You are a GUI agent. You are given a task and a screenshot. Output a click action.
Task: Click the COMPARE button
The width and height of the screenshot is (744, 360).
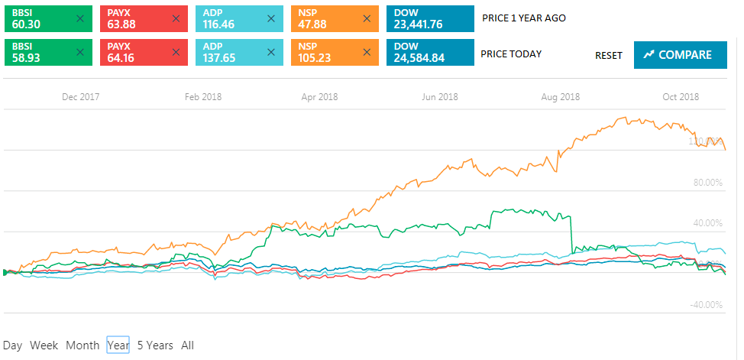pyautogui.click(x=680, y=55)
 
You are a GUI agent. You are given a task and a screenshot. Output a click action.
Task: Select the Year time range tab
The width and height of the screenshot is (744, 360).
pyautogui.click(x=118, y=345)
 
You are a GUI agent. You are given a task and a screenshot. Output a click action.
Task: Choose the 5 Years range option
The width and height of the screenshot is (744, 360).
pyautogui.click(x=155, y=345)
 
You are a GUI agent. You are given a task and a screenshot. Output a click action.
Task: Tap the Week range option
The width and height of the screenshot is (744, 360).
pyautogui.click(x=44, y=345)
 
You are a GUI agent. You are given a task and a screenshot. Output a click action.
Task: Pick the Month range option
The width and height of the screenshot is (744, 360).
pyautogui.click(x=82, y=345)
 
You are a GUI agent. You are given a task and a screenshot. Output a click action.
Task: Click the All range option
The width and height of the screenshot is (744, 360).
pyautogui.click(x=188, y=345)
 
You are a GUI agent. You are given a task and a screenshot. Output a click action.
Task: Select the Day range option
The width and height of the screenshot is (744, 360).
pyautogui.click(x=12, y=345)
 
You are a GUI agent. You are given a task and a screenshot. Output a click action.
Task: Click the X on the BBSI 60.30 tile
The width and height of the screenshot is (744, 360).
pyautogui.click(x=79, y=18)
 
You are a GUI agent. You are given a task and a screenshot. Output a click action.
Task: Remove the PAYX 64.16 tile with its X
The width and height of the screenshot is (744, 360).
pyautogui.click(x=176, y=53)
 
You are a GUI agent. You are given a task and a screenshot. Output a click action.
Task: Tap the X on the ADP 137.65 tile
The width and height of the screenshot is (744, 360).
pyautogui.click(x=271, y=53)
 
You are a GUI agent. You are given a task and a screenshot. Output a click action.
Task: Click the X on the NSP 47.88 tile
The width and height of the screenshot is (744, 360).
pyautogui.click(x=367, y=18)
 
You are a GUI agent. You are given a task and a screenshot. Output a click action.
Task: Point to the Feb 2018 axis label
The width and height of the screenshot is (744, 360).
pyautogui.click(x=202, y=97)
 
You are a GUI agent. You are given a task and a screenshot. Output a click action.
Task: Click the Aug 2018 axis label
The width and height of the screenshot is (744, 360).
pyautogui.click(x=560, y=97)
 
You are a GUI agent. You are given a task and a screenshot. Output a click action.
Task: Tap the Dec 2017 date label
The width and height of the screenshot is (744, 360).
pyautogui.click(x=81, y=97)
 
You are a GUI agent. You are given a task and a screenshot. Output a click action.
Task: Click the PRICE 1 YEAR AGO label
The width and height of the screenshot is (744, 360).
pyautogui.click(x=524, y=18)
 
